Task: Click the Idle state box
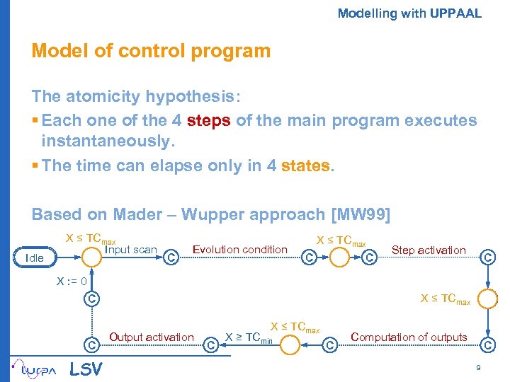tap(34, 257)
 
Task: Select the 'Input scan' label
tap(130, 249)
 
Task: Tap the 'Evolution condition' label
tap(240, 249)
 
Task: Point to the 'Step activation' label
tap(429, 250)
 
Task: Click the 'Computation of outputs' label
tap(409, 337)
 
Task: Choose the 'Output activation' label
tap(152, 337)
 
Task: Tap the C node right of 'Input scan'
tap(170, 258)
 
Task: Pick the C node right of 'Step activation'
tap(487, 257)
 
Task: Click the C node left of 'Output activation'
tap(91, 345)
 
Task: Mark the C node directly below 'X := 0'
tap(91, 298)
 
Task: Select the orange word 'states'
tap(305, 166)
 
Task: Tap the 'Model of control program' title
tap(151, 51)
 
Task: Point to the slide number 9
tap(480, 368)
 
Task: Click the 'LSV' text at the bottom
tap(86, 369)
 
